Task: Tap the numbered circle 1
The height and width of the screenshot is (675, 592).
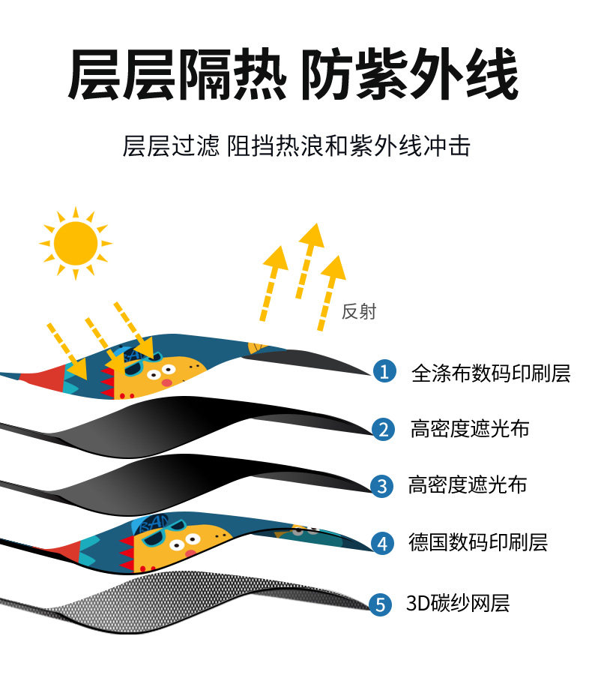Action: [x=384, y=370]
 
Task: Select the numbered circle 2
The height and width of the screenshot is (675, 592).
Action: [x=383, y=429]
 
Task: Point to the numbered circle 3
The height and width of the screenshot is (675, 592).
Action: [x=382, y=485]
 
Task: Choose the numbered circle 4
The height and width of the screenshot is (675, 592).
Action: [x=383, y=542]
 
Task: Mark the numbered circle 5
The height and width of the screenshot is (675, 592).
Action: [x=382, y=603]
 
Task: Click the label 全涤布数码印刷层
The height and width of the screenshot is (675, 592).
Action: [x=491, y=372]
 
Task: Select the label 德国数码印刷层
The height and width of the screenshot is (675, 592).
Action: [x=478, y=541]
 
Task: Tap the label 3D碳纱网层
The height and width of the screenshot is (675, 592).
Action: [x=458, y=602]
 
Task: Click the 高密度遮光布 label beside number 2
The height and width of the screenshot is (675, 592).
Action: [x=470, y=429]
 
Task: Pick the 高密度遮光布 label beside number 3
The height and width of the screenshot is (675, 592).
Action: [x=468, y=484]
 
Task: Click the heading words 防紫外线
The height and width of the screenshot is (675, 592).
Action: [x=410, y=76]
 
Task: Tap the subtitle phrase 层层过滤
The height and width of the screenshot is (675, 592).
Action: [x=171, y=145]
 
